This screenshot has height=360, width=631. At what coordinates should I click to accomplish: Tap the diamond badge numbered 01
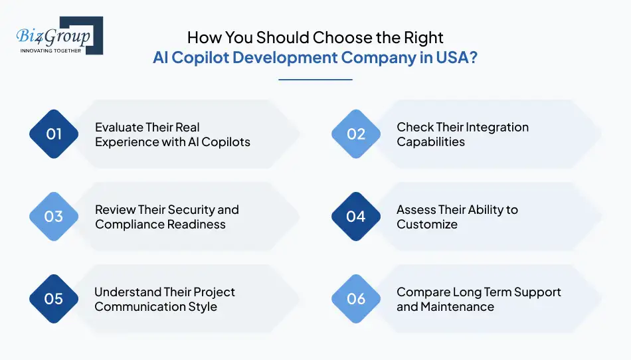pos(54,134)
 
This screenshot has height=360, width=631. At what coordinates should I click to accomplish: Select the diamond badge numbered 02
pos(356,134)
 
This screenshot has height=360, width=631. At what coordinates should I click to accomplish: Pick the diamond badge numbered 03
pos(54,217)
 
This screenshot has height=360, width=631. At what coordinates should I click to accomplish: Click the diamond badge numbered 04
pos(356,217)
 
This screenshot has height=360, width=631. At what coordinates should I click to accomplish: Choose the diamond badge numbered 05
pos(54,299)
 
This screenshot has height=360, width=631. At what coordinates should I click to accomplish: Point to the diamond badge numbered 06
pos(356,299)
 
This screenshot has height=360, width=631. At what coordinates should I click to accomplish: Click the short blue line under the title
pos(315,80)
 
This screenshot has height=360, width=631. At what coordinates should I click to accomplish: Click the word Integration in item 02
pos(496,127)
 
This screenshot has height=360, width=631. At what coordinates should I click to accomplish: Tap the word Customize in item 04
pos(427,225)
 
